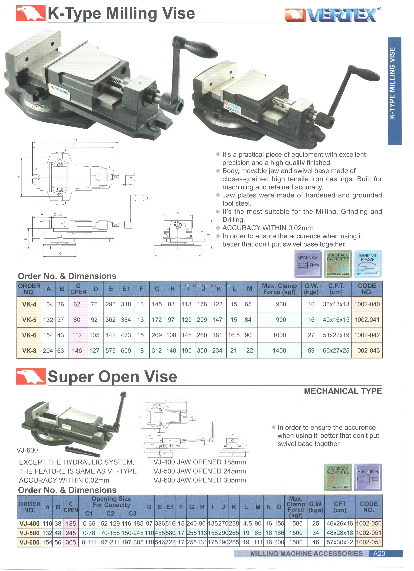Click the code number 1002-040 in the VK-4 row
[367, 304]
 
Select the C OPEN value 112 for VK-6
[77, 335]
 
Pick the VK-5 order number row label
[29, 320]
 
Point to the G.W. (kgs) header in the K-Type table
[311, 289]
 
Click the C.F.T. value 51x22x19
[336, 335]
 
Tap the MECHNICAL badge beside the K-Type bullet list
[308, 264]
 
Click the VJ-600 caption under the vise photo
[27, 450]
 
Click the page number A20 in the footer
[379, 553]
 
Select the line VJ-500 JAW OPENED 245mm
[200, 471]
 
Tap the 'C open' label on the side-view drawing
[59, 215]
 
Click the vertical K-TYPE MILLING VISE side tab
[394, 91]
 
